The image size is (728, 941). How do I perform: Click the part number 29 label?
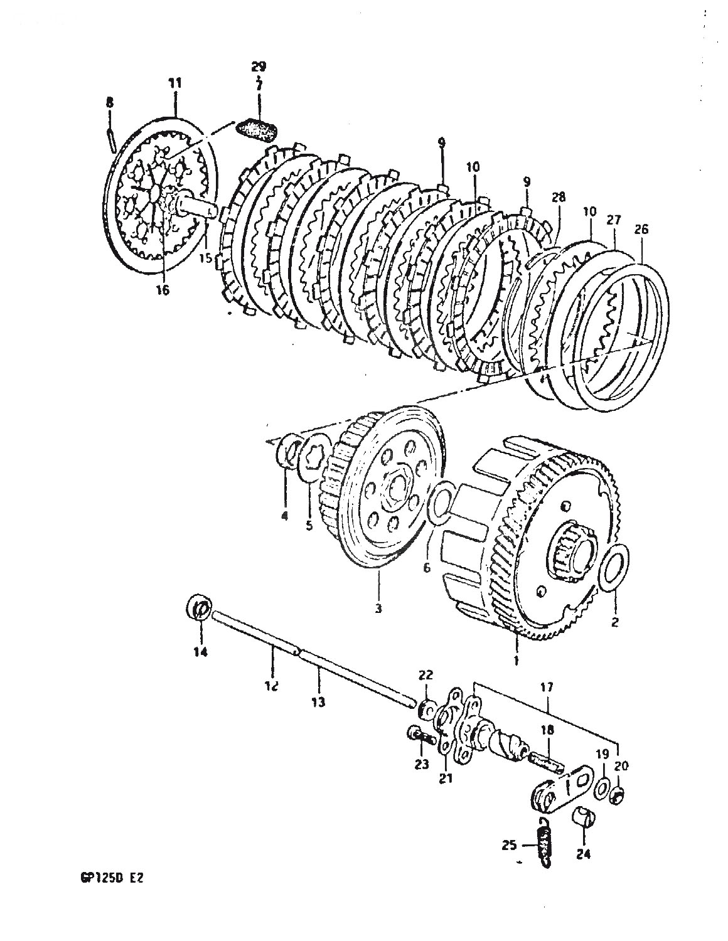(259, 66)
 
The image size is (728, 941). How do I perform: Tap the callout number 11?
(175, 82)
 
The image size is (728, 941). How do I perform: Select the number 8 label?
(110, 103)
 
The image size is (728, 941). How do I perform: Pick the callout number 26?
(641, 228)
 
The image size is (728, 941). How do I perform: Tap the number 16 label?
(163, 290)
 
